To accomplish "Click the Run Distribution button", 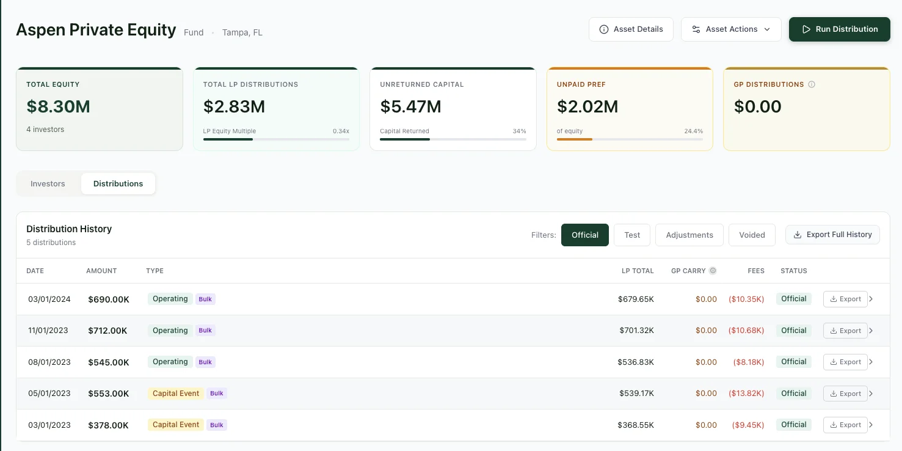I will point(839,29).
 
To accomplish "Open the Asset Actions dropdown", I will point(731,29).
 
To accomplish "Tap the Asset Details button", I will point(631,29).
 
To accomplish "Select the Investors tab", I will point(48,184).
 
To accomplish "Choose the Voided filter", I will point(752,235).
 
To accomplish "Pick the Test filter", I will point(632,235).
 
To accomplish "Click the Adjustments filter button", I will point(689,235).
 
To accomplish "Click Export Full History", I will point(832,235).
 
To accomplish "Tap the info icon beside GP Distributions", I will point(812,85).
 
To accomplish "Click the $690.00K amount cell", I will point(109,299).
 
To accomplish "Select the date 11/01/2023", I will point(48,331).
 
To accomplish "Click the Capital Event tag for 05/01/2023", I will point(176,394).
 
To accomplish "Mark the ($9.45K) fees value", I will point(746,425).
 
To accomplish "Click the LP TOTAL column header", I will point(638,271).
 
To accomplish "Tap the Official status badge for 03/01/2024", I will point(794,299).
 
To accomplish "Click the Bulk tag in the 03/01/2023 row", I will point(217,425).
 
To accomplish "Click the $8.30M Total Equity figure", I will point(59,107).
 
